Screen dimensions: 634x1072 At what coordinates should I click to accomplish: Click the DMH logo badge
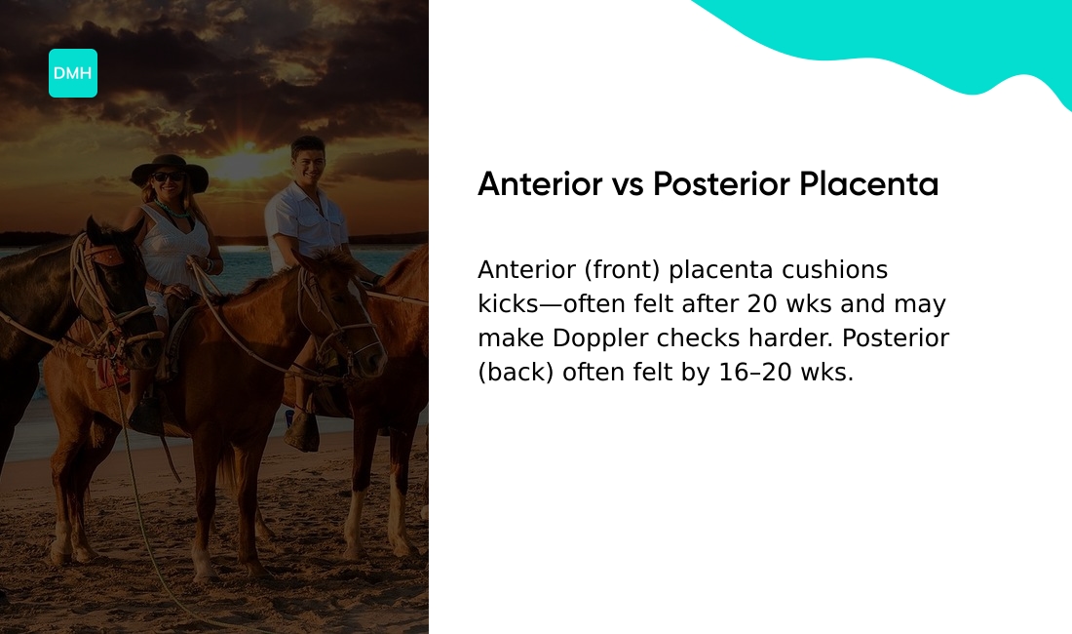click(x=73, y=73)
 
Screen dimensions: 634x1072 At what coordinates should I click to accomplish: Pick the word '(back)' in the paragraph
click(x=517, y=373)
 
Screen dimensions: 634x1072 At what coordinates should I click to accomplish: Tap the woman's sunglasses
click(x=168, y=178)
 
